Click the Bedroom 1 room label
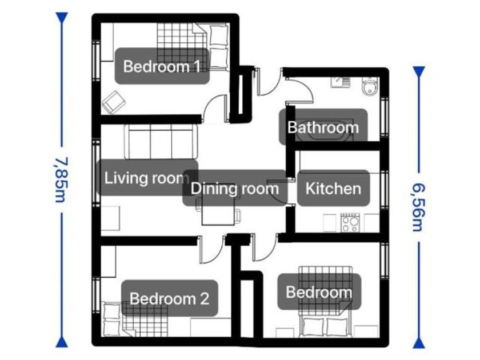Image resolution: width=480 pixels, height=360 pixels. coord(162,66)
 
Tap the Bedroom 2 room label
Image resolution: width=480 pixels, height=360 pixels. coord(169,298)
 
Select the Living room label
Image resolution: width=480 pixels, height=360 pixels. coord(146,178)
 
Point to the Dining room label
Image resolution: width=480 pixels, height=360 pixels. coord(234,189)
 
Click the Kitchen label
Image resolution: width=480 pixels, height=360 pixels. coord(333,189)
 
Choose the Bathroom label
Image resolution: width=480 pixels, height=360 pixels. coord(323,127)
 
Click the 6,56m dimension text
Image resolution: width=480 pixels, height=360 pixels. coord(419,207)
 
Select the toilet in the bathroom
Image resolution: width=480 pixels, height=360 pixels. coord(370,86)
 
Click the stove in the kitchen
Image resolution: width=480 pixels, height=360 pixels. coord(350,222)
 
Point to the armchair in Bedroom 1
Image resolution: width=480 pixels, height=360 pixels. coord(113,102)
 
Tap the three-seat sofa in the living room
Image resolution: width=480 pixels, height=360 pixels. coord(161,142)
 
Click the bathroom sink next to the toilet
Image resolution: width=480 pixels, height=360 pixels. coord(340,82)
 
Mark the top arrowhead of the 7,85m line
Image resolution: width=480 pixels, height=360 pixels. coord(62,18)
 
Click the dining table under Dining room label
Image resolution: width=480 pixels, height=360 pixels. coord(218,212)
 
